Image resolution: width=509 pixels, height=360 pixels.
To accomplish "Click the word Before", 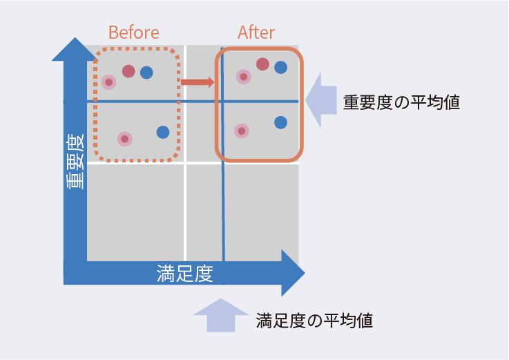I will [134, 32].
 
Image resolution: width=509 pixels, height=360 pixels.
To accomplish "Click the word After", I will [256, 32].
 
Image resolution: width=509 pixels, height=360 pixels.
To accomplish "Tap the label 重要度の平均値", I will [401, 102].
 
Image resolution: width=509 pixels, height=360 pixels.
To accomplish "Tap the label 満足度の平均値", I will [314, 321].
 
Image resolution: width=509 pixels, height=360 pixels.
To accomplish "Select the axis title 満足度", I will [184, 273].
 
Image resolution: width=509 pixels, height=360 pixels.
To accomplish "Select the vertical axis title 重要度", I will [75, 161].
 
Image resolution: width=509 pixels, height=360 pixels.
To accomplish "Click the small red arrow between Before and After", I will [198, 82].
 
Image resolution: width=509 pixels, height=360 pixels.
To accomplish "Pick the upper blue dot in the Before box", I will [146, 72].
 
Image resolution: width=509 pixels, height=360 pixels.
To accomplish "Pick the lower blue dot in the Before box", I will [163, 132].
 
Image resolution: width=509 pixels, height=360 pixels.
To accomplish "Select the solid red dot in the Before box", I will [128, 70].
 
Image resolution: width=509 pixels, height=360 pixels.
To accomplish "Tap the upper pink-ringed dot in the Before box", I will [108, 82].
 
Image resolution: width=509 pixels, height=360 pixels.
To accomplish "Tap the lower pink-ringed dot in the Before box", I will [124, 139].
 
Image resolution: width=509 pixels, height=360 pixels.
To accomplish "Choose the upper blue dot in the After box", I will [280, 67].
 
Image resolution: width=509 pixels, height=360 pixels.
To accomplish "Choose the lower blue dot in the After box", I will [280, 122].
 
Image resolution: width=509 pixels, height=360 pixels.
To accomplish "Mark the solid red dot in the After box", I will [262, 64].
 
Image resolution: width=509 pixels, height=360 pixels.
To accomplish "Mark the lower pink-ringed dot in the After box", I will [241, 130].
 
